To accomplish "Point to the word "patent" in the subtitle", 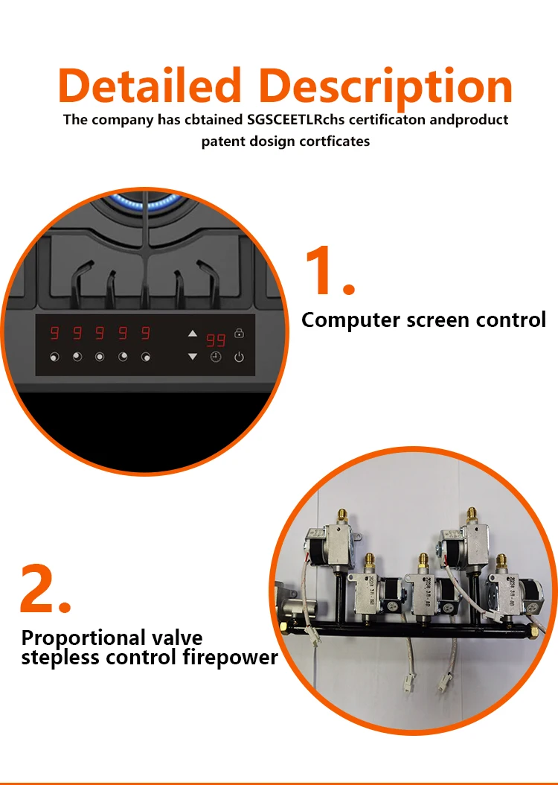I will click(x=221, y=142).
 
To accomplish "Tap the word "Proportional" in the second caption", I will click(x=83, y=638).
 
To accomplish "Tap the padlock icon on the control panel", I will click(x=239, y=333).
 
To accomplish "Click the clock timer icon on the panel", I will click(x=215, y=357).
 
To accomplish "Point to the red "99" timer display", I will click(x=216, y=340).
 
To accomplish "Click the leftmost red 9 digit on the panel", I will click(x=54, y=333).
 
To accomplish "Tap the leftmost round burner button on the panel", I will click(x=54, y=357).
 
